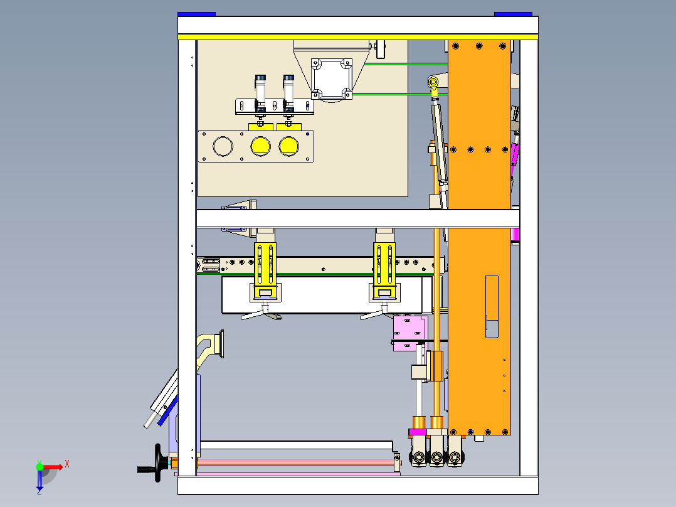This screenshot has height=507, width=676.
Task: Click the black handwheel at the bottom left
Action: click(158, 462)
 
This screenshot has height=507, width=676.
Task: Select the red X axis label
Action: click(67, 464)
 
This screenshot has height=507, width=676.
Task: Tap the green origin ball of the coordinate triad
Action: click(40, 467)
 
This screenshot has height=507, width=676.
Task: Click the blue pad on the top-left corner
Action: click(197, 14)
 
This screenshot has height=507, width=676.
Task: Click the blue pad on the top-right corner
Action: click(513, 14)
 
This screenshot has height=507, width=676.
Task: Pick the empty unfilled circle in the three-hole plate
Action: click(223, 147)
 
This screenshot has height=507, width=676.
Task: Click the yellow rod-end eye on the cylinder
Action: click(433, 82)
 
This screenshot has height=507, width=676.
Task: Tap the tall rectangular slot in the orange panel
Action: click(492, 306)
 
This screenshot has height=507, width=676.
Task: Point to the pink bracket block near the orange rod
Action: click(410, 333)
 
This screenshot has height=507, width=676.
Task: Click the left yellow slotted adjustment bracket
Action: click(265, 270)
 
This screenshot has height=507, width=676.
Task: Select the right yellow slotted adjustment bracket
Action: click(384, 270)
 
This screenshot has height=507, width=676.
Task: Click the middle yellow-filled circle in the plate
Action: click(260, 147)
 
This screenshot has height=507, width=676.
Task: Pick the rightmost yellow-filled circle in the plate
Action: click(289, 147)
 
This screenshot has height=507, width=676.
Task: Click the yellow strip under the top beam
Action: click(358, 38)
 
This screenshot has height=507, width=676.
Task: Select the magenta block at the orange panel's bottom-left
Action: click(418, 432)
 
